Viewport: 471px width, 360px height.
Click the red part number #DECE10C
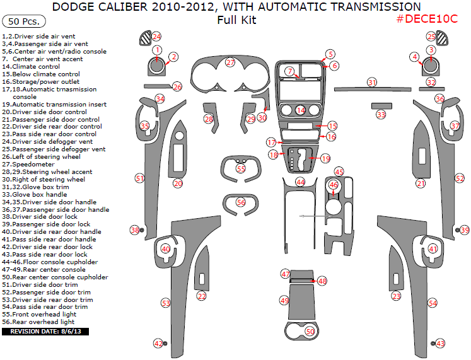427,19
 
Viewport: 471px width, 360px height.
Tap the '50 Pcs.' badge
21,21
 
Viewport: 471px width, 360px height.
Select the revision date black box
41,330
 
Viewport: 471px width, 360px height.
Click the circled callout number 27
230,62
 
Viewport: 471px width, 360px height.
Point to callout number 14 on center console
301,110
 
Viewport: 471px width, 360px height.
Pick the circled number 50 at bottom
310,330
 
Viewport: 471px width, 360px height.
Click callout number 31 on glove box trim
373,83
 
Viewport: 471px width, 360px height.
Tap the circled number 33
381,114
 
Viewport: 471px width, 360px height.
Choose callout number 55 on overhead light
241,168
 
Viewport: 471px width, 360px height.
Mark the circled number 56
241,202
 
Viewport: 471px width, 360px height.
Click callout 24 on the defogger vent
156,37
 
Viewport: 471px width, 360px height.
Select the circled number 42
158,343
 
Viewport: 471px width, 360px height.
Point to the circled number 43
440,343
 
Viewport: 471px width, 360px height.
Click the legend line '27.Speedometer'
28,164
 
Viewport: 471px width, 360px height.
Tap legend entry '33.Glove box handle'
35,194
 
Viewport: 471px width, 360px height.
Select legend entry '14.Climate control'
32,66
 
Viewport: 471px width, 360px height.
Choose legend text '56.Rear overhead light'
38,322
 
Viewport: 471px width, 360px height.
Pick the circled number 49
284,301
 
